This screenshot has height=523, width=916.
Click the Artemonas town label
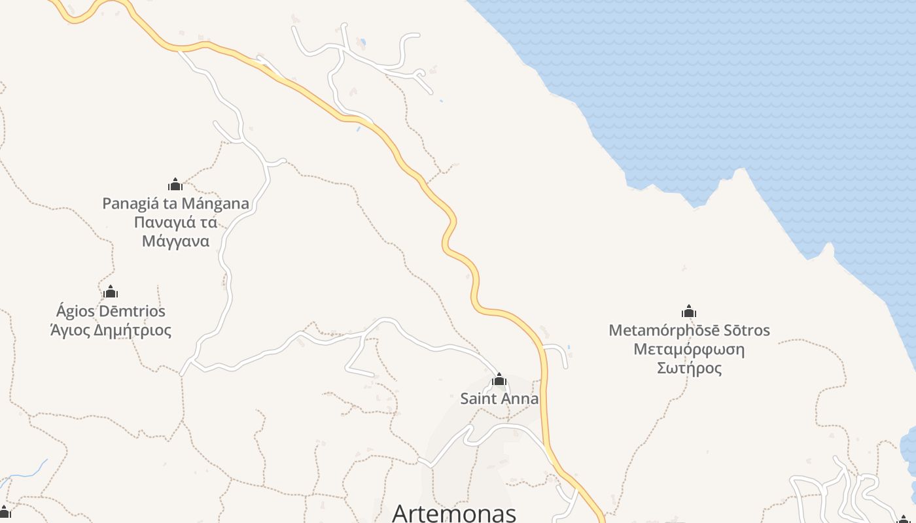(453, 513)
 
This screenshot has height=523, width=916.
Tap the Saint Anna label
(499, 399)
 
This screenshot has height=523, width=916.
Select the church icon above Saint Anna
(499, 379)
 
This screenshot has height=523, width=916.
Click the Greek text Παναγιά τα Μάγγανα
(175, 231)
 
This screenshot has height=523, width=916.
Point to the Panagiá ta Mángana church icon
(175, 184)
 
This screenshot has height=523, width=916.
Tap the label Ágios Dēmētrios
(111, 311)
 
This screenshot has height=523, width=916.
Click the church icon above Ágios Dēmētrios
(111, 292)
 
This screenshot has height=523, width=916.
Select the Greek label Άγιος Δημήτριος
(111, 330)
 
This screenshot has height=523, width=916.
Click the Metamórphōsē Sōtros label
(689, 330)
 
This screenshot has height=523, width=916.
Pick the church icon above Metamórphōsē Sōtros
(689, 311)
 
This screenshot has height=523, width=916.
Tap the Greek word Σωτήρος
(689, 368)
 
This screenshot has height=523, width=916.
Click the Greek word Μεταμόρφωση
(689, 349)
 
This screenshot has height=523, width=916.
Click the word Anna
(521, 399)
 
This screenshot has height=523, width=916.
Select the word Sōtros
(743, 330)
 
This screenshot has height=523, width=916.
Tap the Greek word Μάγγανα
(175, 241)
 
